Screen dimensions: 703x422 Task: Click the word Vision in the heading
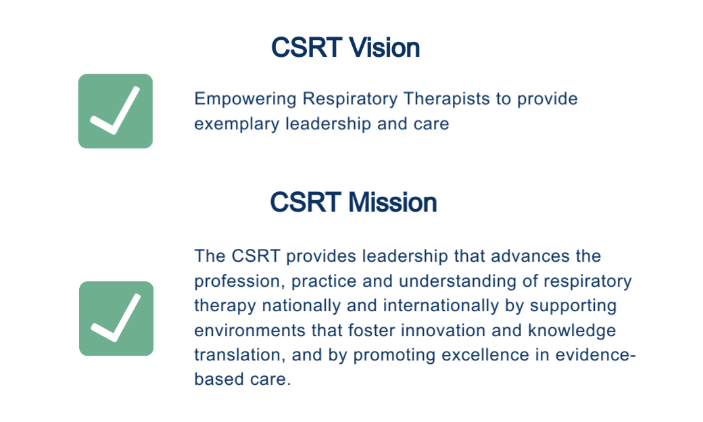click(384, 47)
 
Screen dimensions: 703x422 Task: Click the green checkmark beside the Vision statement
click(115, 111)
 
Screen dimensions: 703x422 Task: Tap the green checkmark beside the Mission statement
click(116, 319)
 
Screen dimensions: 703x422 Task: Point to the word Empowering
click(245, 99)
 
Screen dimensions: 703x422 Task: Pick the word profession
click(240, 281)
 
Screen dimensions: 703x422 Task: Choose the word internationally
click(441, 306)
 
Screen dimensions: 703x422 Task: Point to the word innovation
click(443, 331)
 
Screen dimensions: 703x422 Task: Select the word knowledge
click(572, 331)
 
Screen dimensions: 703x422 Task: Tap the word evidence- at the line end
click(596, 355)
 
